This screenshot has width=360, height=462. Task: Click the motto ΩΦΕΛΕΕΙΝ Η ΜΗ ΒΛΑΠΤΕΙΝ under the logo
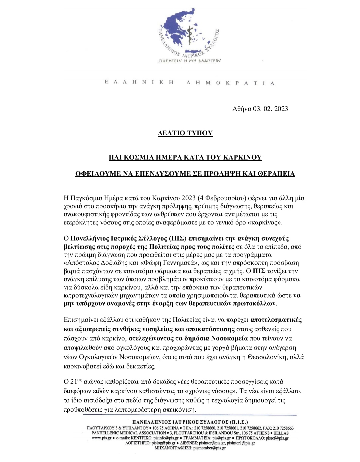(x=190, y=61)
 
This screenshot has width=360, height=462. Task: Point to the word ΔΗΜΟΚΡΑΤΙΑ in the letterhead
(x=230, y=83)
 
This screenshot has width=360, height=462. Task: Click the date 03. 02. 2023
(x=270, y=109)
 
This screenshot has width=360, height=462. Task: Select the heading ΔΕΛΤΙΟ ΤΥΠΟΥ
(x=185, y=133)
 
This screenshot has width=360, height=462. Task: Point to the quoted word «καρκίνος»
(x=266, y=223)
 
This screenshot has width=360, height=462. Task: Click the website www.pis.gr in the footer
(x=100, y=438)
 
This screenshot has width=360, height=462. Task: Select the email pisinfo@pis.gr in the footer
(x=164, y=438)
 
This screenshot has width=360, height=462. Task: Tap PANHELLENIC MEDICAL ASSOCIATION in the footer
(x=128, y=433)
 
